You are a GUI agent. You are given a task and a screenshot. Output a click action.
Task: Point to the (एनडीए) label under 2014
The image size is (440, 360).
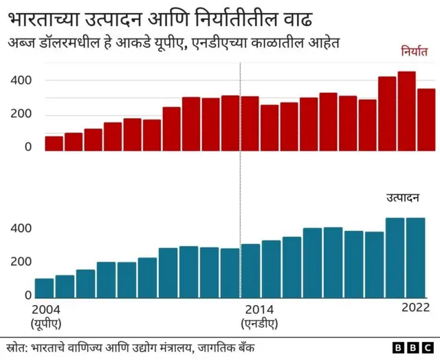click(x=259, y=322)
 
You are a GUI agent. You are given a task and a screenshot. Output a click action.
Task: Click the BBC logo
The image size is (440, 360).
click(x=410, y=348)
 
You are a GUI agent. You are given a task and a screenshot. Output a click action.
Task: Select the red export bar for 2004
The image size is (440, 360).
click(x=54, y=143)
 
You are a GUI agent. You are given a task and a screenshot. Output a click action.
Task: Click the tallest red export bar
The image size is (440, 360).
click(x=407, y=111)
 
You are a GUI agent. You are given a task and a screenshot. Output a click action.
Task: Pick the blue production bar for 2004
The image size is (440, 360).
click(x=44, y=289)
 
